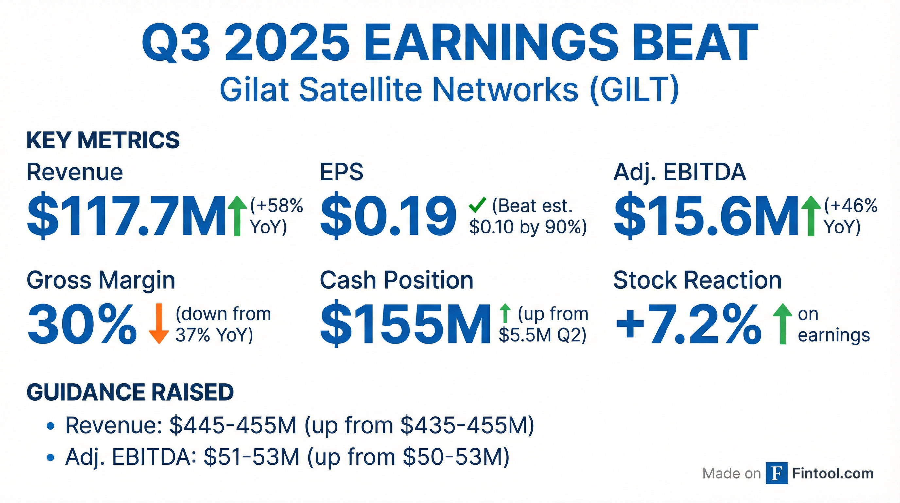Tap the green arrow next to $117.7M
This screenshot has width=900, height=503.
coord(237,216)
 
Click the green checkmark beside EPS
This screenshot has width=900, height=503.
coord(477,205)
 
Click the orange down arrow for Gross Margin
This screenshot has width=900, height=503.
coord(159,324)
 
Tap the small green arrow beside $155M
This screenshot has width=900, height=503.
coord(505,313)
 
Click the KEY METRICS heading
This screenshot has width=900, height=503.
coord(103,140)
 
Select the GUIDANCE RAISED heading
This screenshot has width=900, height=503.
coord(130,392)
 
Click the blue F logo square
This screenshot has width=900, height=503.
coord(776,473)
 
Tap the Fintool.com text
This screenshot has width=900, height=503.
coord(833,474)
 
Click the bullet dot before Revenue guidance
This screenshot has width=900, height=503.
coord(51,426)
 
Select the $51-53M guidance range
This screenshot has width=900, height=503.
coord(251,456)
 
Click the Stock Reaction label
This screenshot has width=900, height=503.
coord(697,281)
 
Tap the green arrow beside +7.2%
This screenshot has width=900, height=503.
coord(783,324)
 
